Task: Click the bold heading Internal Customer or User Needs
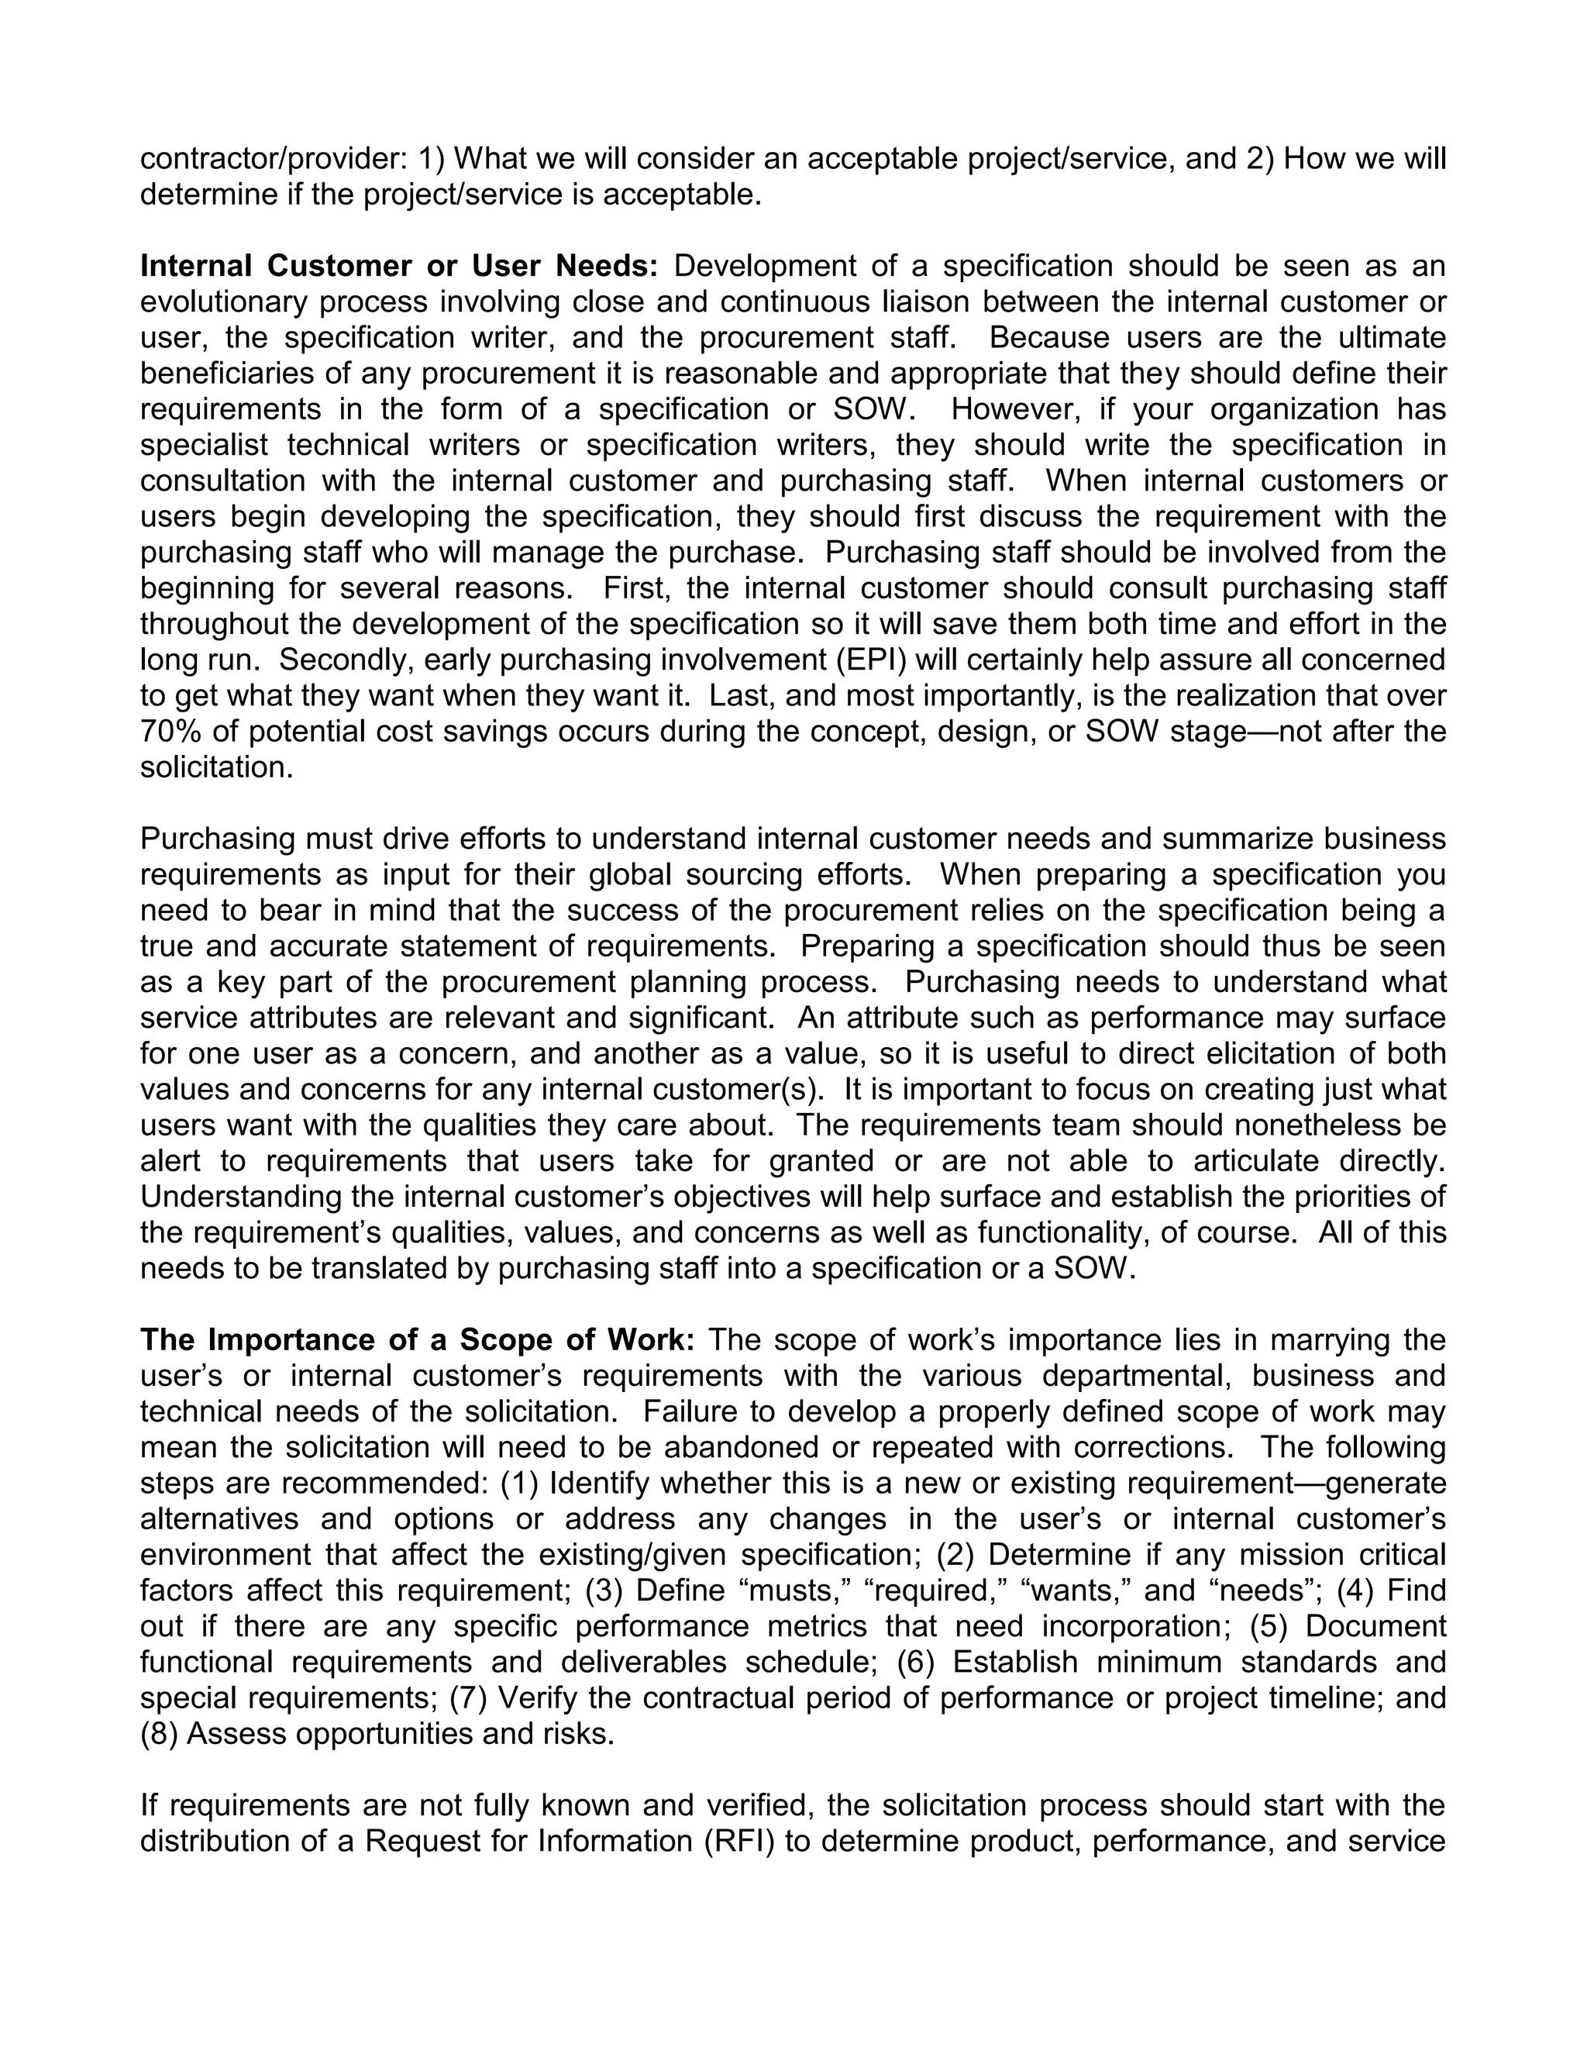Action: coord(398,266)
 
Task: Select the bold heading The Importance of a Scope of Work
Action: coord(418,1339)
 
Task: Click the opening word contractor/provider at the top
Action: coord(273,159)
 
